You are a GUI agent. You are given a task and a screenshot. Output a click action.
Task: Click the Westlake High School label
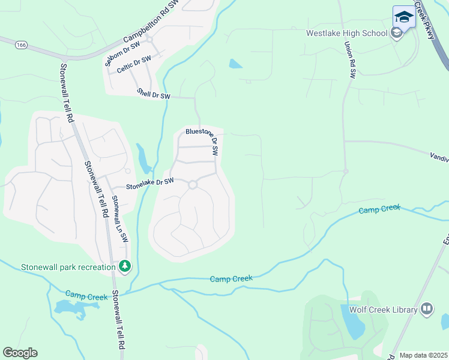pos(346,33)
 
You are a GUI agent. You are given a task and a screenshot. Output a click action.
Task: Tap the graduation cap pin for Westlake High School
pos(404,17)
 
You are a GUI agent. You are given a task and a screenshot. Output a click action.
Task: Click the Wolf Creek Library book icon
pos(427,309)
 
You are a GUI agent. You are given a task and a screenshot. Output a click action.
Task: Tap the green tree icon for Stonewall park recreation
pos(125,265)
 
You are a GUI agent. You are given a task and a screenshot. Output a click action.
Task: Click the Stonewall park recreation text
pos(68,267)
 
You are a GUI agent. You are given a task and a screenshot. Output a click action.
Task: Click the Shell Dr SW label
pos(154,94)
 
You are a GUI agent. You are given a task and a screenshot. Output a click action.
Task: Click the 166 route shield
pos(22,45)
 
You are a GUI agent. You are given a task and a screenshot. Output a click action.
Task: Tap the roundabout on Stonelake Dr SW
pos(193,185)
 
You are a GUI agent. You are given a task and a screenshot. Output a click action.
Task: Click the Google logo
pos(20,353)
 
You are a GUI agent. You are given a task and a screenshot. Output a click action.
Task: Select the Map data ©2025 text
pos(423,355)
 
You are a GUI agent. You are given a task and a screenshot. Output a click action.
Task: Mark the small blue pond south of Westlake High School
pos(235,63)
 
